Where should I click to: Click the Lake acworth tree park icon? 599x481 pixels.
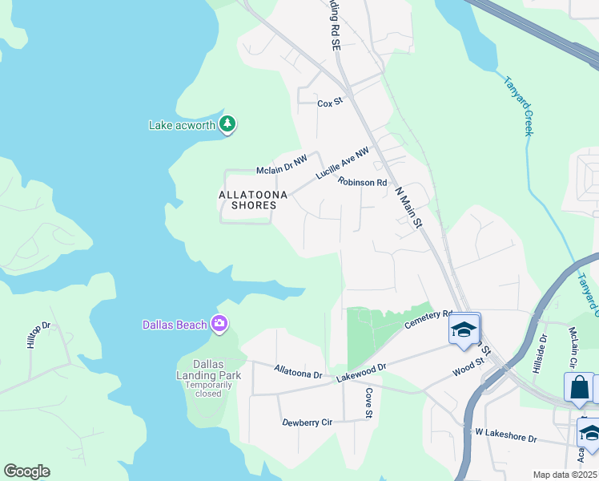[228, 124]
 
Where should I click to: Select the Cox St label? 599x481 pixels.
[330, 103]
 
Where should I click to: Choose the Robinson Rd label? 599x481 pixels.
[362, 183]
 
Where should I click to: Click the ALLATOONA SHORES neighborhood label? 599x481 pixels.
[248, 200]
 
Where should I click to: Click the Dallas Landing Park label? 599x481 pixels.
[203, 370]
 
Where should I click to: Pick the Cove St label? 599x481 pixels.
[369, 402]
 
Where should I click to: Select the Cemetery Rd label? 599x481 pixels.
[428, 319]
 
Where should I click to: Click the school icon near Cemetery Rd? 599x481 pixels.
[464, 329]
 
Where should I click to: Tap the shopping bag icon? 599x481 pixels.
[578, 387]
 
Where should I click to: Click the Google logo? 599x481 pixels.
[26, 471]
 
